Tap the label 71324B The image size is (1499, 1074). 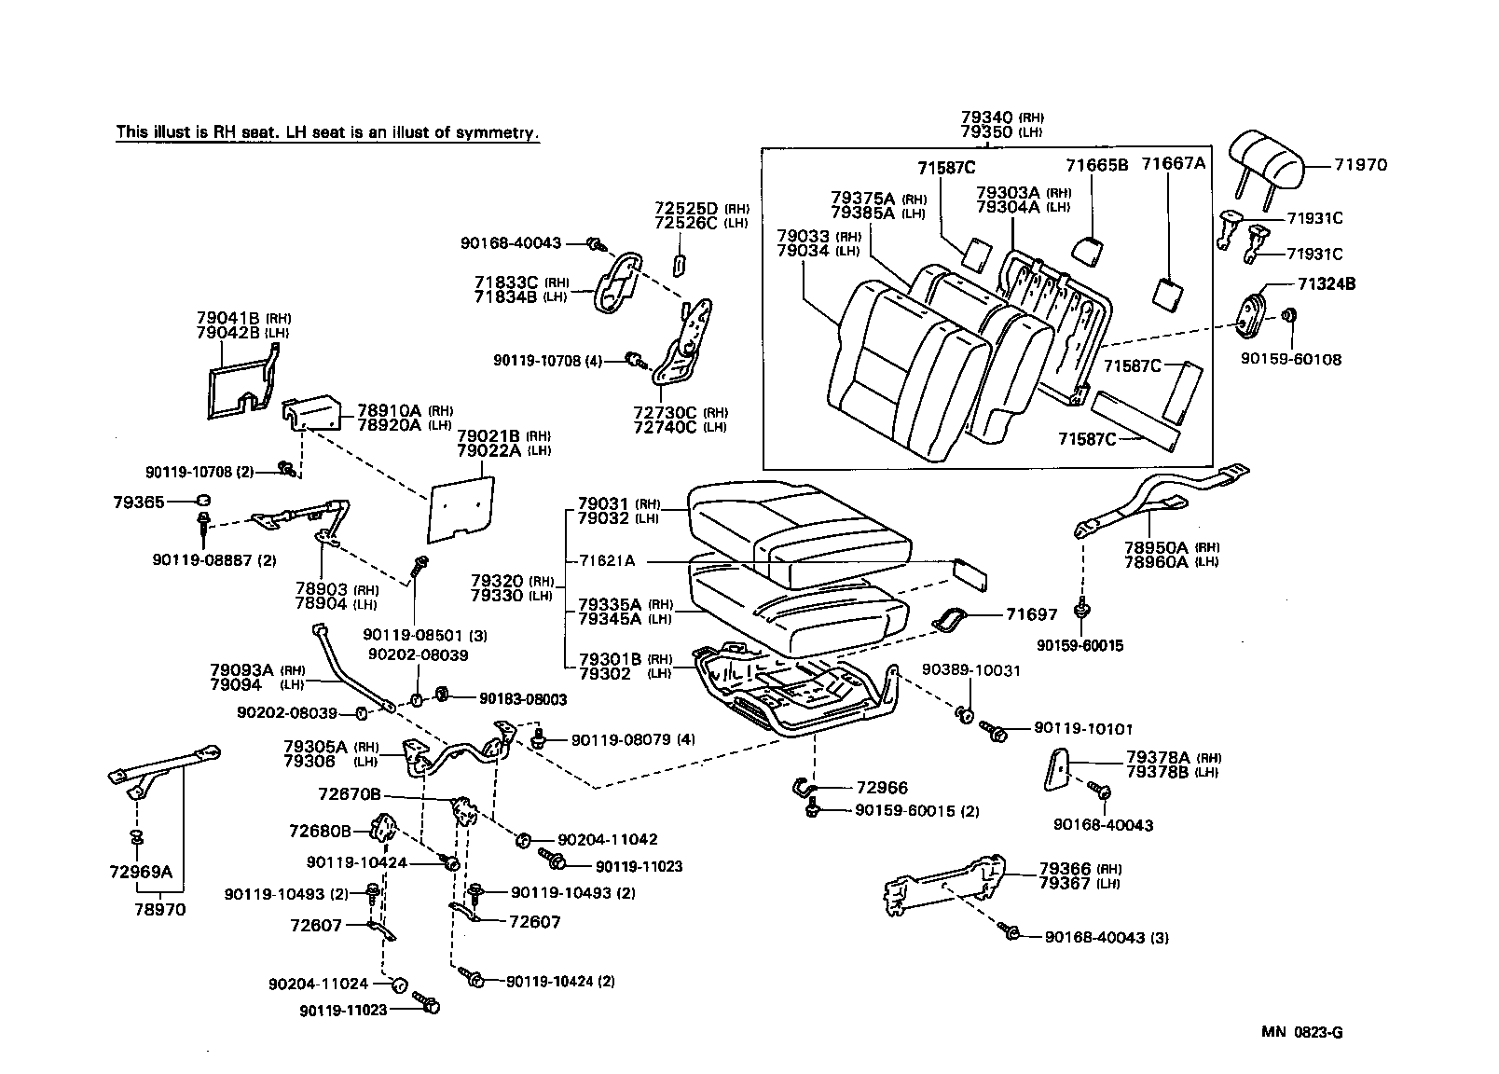(x=1325, y=284)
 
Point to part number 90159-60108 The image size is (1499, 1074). (x=1291, y=359)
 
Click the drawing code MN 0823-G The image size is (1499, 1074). (x=1302, y=1032)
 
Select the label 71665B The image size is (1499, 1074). (x=1096, y=165)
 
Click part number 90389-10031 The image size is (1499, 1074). (x=971, y=670)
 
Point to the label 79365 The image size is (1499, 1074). (x=139, y=502)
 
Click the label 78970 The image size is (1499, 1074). (x=159, y=909)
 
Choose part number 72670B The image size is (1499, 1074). (x=350, y=794)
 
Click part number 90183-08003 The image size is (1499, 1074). (x=523, y=698)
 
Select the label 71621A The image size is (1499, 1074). (x=607, y=560)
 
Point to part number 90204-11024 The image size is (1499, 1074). (x=318, y=983)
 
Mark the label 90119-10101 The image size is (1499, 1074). (x=1069, y=728)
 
